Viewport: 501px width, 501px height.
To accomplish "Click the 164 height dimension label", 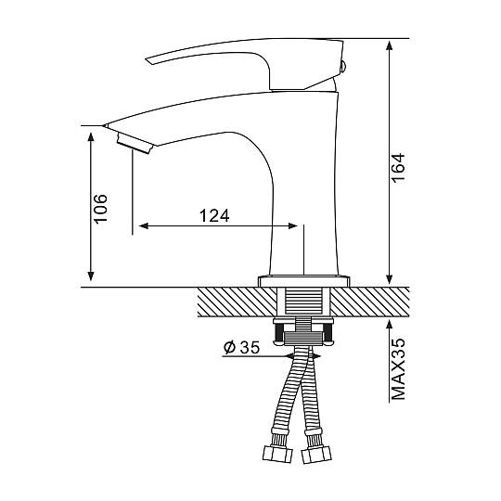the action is pos(398,168).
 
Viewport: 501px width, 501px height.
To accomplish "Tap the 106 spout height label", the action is pos(100,209).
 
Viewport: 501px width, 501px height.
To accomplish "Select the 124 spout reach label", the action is pos(214,216).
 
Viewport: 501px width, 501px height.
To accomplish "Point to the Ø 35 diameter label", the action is pos(241,348).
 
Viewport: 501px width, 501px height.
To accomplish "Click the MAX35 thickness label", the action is pos(398,368).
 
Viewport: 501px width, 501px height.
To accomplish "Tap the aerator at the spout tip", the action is pos(135,144).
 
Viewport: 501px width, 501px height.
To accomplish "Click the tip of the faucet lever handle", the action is pos(147,59).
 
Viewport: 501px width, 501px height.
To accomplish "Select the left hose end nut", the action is pos(277,454).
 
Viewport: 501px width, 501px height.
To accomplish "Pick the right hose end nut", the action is pos(316,455).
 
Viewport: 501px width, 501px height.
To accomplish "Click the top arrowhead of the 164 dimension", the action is pos(389,45).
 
